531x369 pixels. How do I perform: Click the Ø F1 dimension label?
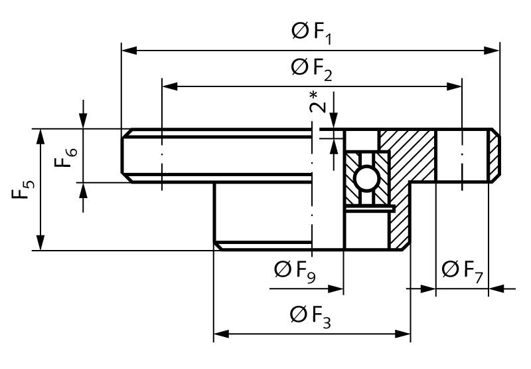(311, 33)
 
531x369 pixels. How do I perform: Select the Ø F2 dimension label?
(311, 69)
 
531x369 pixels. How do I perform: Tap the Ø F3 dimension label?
(311, 316)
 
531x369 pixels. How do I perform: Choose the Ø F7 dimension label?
(462, 271)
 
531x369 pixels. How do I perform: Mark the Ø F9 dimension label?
(295, 271)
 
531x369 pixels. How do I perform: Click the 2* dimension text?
(318, 102)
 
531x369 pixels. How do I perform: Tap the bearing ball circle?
(367, 179)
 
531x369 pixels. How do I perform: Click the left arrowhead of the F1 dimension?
(129, 51)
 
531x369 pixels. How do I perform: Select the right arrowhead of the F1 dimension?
(492, 51)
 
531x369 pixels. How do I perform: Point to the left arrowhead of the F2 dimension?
(171, 86)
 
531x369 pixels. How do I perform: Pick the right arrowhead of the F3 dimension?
(403, 334)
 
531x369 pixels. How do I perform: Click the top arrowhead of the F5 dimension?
(40, 137)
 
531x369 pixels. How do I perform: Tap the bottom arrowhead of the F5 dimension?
(40, 243)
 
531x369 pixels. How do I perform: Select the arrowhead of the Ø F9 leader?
(336, 289)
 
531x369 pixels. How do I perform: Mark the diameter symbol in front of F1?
(300, 31)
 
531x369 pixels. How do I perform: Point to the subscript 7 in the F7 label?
(478, 277)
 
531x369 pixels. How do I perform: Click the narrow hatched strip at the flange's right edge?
(494, 156)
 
